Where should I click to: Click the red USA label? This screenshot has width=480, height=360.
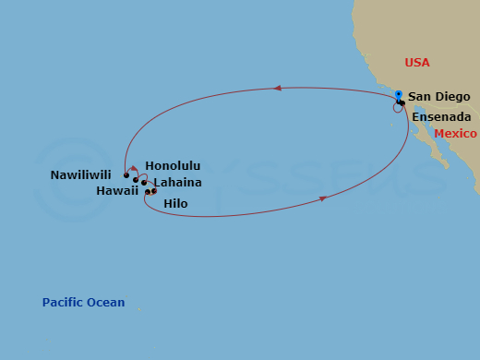(x=417, y=63)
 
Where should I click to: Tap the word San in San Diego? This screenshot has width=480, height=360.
(x=420, y=97)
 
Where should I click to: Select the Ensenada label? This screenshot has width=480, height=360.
(x=441, y=117)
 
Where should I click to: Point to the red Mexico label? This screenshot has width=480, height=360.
(x=455, y=134)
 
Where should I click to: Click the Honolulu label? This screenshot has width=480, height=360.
(x=173, y=166)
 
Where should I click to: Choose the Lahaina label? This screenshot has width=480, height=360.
(x=177, y=183)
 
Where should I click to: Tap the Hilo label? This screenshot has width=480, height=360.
(x=175, y=202)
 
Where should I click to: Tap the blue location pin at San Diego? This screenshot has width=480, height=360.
(x=398, y=94)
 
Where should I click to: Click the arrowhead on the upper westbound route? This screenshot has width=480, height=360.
(x=276, y=89)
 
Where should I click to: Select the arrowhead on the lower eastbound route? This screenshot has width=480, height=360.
(x=323, y=198)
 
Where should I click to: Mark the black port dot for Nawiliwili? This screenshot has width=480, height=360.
(x=126, y=174)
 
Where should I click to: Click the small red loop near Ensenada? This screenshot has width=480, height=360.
(x=397, y=108)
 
